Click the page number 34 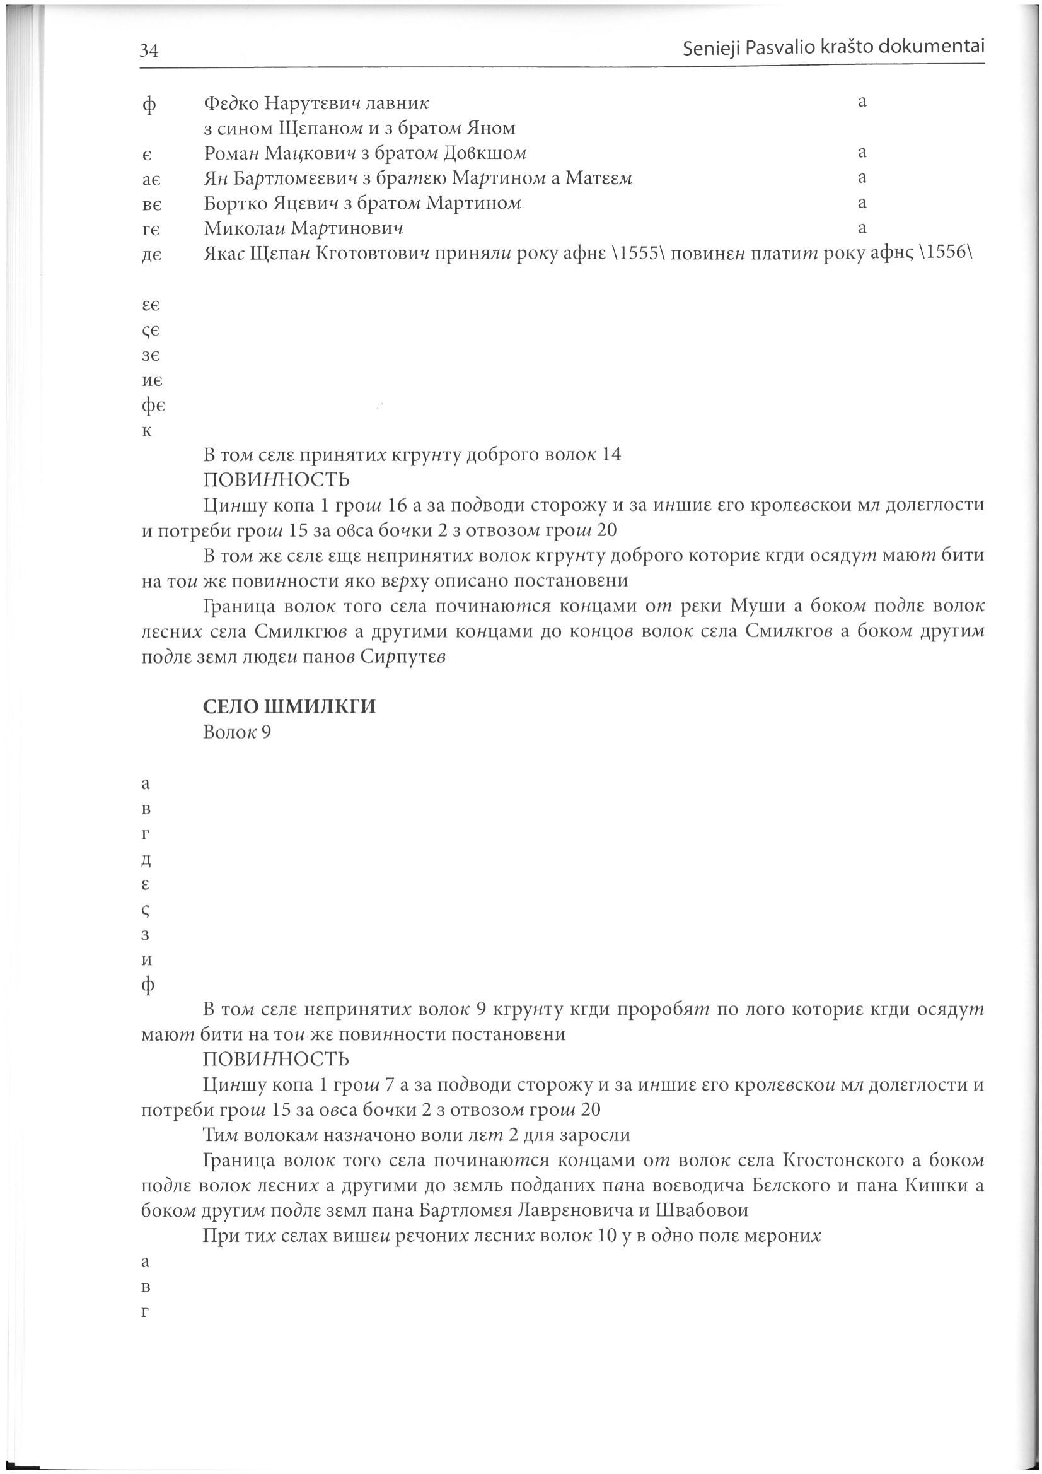(x=149, y=50)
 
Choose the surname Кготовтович (x=365, y=254)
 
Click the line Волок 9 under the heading (x=237, y=732)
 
